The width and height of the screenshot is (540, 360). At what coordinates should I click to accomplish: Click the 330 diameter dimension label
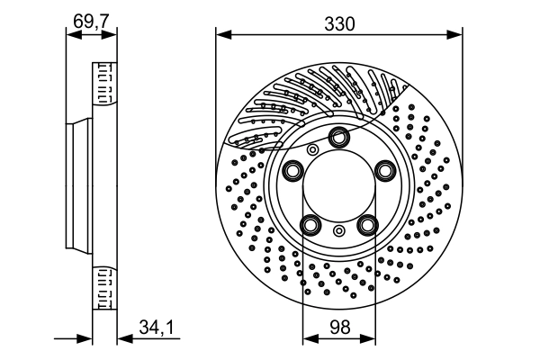338,23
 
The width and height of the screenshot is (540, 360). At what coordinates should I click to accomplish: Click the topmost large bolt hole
339,137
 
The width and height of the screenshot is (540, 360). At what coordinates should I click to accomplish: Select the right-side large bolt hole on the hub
386,171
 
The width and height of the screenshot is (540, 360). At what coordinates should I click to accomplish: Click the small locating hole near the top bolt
312,149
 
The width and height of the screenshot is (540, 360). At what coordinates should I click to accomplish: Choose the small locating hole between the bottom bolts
338,232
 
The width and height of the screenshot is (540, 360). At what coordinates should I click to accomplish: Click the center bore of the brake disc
338,185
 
